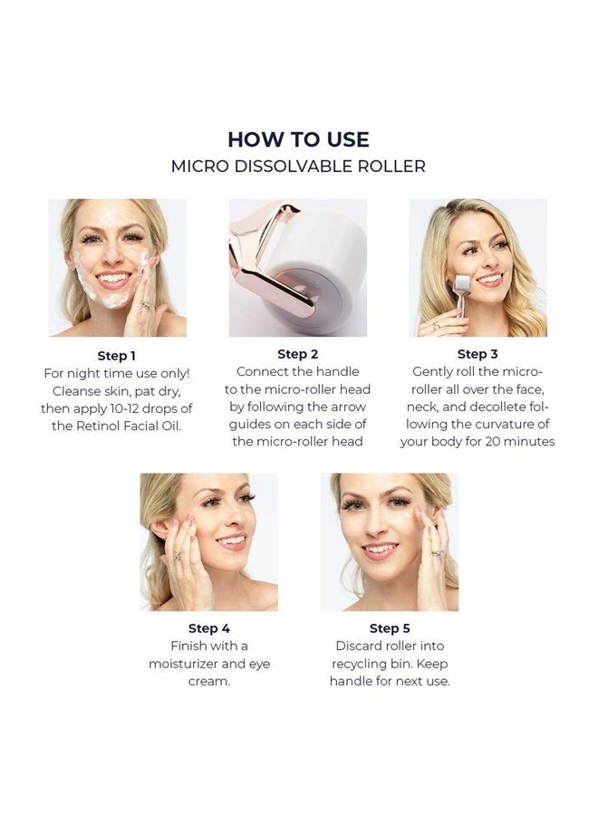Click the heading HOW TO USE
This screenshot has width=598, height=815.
[x=298, y=139]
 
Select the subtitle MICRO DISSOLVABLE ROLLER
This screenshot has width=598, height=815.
[x=298, y=167]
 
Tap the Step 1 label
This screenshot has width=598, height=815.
[x=117, y=356]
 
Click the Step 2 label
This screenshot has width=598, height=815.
[x=297, y=354]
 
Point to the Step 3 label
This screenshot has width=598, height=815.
[x=477, y=354]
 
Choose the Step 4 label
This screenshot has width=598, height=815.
[x=209, y=628]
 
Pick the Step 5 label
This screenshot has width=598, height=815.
[x=390, y=628]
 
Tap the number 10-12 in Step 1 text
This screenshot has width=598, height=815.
[x=123, y=408]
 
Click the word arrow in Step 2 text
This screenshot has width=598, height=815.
[x=349, y=407]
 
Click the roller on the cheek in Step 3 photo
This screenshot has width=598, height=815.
[x=460, y=287]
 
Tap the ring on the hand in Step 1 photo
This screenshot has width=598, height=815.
[x=146, y=305]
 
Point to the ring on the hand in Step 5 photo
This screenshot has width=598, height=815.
[x=438, y=553]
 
